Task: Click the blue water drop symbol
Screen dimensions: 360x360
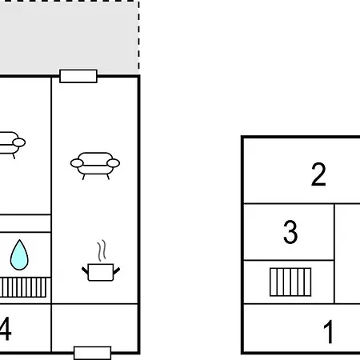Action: (x=19, y=255)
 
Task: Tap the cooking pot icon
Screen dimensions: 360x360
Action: (x=101, y=272)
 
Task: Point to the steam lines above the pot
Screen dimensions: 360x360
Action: (x=102, y=250)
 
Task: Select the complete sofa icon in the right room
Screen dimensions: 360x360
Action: (x=95, y=166)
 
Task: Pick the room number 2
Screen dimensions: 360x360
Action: (x=318, y=174)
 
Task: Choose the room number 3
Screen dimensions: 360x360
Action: (x=290, y=232)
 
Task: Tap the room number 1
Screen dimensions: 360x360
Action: (x=329, y=332)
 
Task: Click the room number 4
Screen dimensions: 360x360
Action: (x=6, y=329)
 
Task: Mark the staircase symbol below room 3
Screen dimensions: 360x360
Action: (x=290, y=282)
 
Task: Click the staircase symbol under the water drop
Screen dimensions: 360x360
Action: (x=23, y=287)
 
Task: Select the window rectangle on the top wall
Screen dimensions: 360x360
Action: (x=78, y=76)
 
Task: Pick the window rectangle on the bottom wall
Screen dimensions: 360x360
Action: (x=92, y=353)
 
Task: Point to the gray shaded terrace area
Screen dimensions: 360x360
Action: (x=69, y=38)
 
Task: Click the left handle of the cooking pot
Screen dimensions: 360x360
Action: (x=85, y=270)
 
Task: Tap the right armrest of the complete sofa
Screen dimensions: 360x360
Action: (x=113, y=163)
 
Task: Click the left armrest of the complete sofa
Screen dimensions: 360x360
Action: (x=77, y=163)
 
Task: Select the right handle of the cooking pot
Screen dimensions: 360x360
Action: (x=117, y=270)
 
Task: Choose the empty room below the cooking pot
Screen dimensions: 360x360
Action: (x=95, y=327)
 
